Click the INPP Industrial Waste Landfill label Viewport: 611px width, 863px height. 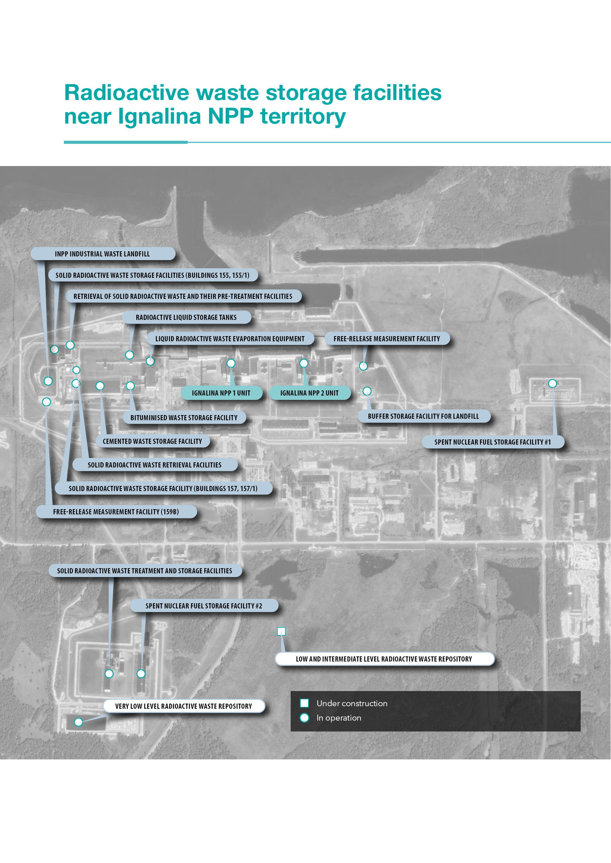coord(103,254)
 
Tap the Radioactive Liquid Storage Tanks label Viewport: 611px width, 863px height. coord(187,317)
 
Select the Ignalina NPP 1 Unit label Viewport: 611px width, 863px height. coord(221,393)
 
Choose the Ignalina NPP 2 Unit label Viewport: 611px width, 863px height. coord(310,393)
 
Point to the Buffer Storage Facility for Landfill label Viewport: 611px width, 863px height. coord(424,416)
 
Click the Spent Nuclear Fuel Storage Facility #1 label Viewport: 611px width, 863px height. coord(493,442)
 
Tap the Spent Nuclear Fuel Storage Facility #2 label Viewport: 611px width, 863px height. coord(204,606)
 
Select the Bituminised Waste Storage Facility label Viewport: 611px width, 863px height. coord(184,418)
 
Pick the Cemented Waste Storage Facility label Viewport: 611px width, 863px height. coord(152,441)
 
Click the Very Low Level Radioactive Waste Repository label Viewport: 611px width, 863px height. coord(184,706)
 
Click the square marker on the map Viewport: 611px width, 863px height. coord(281,631)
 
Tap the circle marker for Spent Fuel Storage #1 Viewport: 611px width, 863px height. coord(552,383)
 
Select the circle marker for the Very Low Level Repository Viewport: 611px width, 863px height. coord(78,722)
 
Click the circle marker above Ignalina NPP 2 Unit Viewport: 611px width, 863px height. coord(304,363)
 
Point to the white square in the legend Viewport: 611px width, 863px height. coord(304,703)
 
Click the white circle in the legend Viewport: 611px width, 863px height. coord(304,718)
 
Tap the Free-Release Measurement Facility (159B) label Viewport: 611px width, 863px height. coord(116,511)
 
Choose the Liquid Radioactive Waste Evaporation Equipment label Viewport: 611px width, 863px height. coord(230,339)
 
